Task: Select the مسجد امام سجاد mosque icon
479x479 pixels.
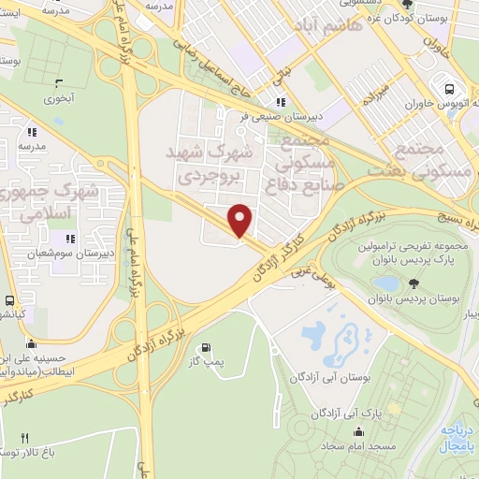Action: (361, 430)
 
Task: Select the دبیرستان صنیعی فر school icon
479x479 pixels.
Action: (279, 103)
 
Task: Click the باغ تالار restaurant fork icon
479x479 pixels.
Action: (25, 437)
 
